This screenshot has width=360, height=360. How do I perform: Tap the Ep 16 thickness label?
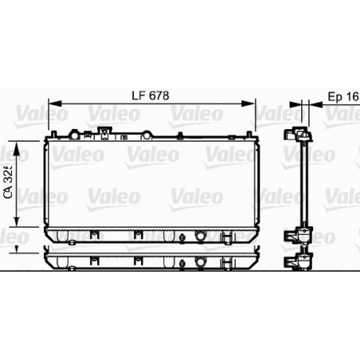342,95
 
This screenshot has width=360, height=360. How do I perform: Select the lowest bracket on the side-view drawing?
301,262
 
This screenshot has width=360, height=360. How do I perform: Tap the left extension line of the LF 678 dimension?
49,115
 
